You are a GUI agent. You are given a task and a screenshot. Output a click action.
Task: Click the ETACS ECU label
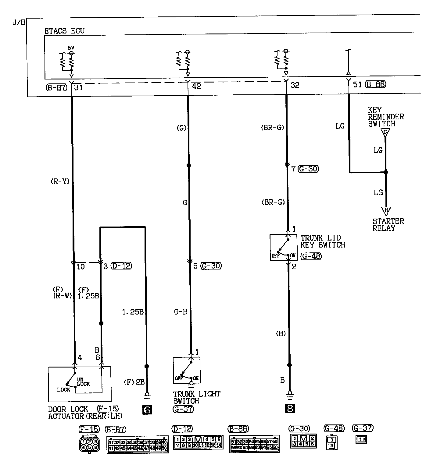(64, 31)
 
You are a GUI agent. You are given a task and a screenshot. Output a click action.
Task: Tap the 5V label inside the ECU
(71, 48)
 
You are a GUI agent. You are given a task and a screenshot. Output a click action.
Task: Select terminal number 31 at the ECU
(79, 87)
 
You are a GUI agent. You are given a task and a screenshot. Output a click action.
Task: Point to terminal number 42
(196, 86)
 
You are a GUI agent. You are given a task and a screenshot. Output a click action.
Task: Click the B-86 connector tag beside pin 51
(375, 84)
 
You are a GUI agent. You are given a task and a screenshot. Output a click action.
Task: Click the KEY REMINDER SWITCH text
(386, 117)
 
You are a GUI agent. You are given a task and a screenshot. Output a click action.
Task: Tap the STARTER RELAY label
(388, 225)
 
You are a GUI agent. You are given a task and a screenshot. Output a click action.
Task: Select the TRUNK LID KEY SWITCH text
(323, 241)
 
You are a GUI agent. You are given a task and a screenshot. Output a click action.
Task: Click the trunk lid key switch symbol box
(284, 247)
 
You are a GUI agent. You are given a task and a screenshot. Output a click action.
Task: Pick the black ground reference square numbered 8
(290, 408)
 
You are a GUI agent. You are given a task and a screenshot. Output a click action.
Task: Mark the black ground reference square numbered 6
(147, 410)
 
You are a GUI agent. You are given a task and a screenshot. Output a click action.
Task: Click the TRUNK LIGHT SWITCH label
(197, 397)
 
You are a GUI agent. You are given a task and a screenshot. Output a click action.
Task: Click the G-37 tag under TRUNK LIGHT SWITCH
(183, 409)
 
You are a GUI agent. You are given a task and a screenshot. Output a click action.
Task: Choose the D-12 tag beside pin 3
(121, 266)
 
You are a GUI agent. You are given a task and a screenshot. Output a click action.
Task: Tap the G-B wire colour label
(181, 312)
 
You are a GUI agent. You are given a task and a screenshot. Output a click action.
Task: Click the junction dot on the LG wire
(385, 172)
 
